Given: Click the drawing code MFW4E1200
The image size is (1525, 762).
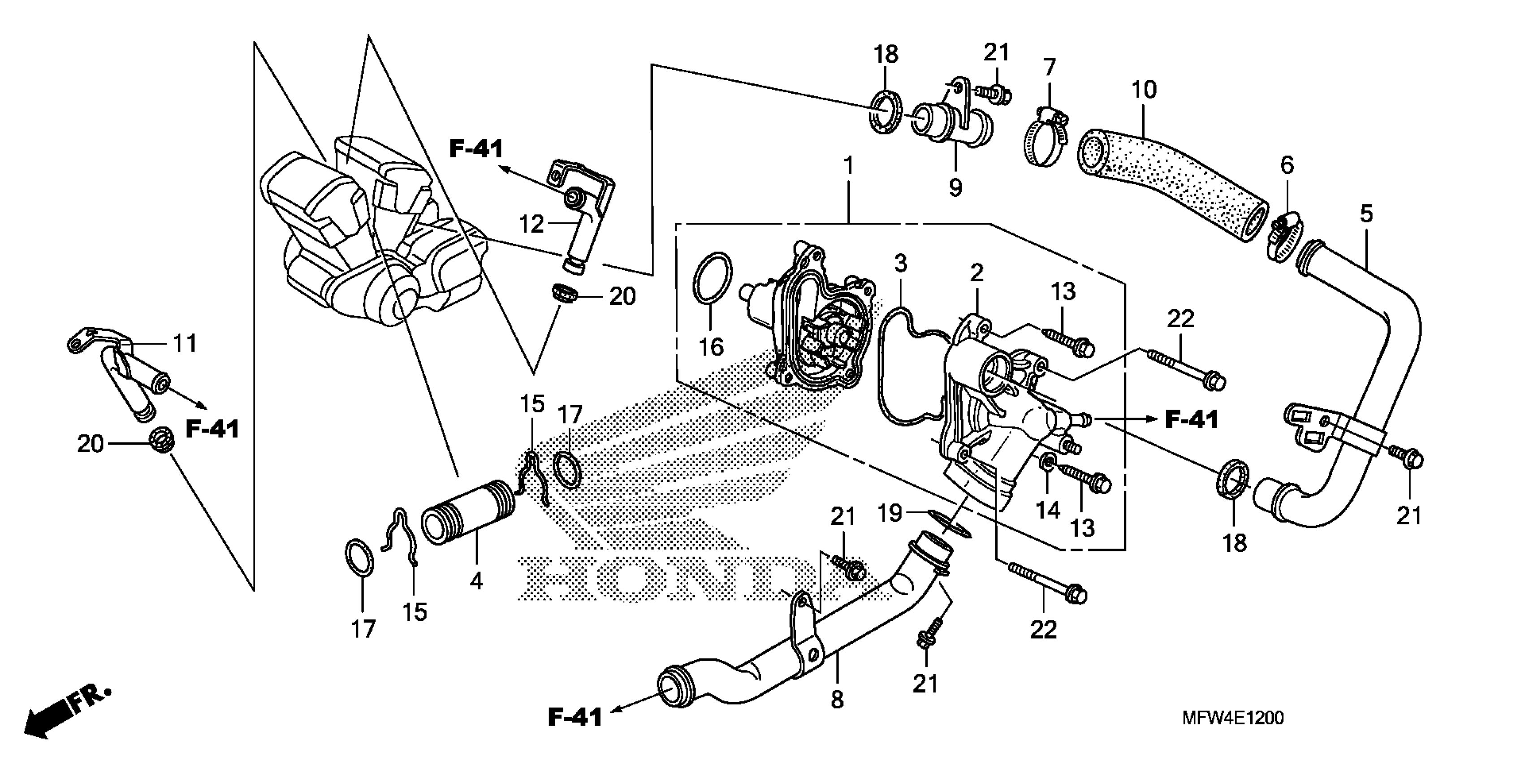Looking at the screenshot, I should coord(1232,718).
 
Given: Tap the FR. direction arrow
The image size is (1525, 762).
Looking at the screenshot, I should coord(65,712).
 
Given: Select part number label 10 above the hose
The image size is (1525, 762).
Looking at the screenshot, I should coord(1143,90).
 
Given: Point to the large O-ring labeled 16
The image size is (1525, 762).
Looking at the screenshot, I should coord(712,278).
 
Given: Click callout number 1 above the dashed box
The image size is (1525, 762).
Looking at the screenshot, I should coord(849,166).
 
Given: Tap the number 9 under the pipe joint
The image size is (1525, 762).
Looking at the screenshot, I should coord(955,188).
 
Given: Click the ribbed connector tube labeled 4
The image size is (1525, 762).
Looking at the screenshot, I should coord(468,512).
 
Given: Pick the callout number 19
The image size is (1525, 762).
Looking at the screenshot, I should coord(889,513).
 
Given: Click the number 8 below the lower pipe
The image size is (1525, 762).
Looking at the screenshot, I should coord(837,700).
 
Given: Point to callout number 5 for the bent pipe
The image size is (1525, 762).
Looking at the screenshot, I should coord(1366,214).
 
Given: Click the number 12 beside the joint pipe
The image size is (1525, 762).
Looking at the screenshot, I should coord(531,225).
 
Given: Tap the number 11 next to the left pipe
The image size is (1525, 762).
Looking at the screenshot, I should coord(184,343).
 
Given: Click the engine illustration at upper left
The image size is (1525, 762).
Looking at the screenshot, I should coord(373,237).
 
